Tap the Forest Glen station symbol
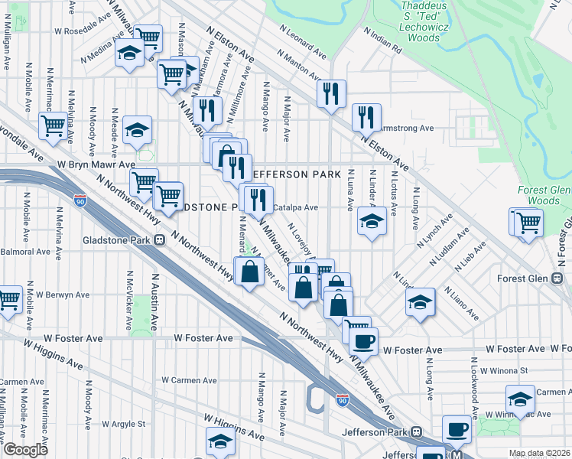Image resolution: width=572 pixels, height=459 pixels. (557, 277)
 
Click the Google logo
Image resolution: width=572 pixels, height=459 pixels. (25, 450)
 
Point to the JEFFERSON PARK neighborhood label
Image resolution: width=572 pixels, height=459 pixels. (294, 174)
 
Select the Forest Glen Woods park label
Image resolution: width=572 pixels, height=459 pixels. (544, 195)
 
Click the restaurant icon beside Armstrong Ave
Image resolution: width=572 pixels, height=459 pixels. (366, 117)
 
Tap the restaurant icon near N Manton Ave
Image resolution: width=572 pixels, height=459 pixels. (331, 93)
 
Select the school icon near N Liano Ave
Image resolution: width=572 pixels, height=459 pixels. (420, 301)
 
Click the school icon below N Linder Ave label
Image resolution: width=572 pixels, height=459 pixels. (372, 223)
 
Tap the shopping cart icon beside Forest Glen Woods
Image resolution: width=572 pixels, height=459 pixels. (528, 223)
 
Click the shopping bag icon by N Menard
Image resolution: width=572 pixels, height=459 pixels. (250, 272)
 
